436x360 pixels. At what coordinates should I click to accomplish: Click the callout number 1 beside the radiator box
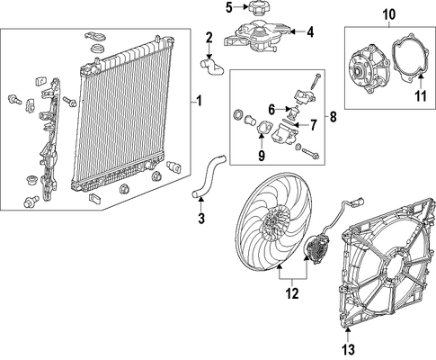[x=199, y=101]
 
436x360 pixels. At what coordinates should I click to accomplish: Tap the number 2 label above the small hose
[x=209, y=38]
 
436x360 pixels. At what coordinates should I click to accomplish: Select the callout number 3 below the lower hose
[x=201, y=218]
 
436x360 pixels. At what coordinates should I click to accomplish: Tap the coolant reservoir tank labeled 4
[x=257, y=36]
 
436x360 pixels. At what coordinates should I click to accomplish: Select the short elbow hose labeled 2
[x=212, y=68]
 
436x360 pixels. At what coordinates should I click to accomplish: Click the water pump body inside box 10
[x=369, y=69]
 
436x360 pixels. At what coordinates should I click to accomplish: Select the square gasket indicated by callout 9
[x=263, y=129]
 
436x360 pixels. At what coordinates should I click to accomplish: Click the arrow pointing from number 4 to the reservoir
[x=298, y=31]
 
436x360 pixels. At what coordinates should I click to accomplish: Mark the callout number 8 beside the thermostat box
[x=333, y=117]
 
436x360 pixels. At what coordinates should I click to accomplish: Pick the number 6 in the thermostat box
[x=271, y=110]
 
